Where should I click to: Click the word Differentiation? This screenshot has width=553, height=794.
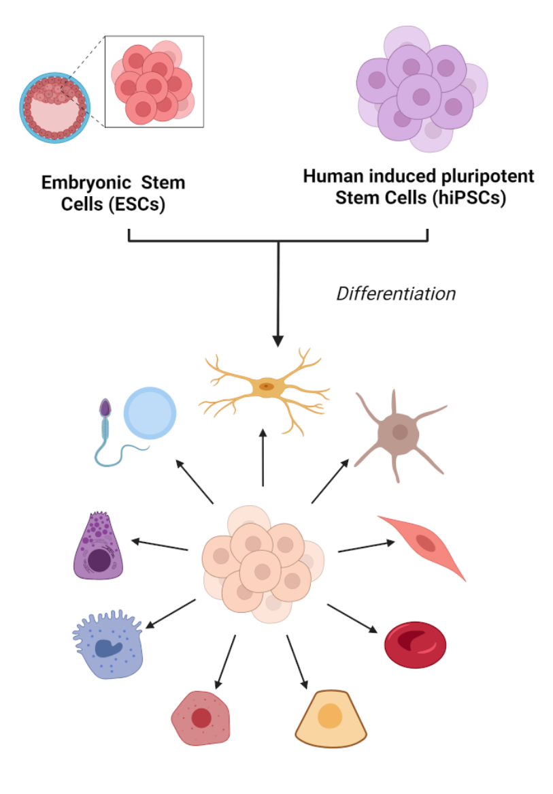tap(396, 293)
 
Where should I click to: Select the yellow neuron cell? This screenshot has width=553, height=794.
tap(265, 387)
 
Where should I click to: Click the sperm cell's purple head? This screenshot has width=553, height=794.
tap(105, 408)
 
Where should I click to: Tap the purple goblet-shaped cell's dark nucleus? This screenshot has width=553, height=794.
tap(99, 560)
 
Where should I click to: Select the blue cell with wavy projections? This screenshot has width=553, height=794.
tap(108, 644)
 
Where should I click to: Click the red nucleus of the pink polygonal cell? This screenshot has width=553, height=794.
tap(201, 718)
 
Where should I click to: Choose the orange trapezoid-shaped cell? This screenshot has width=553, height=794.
tap(331, 719)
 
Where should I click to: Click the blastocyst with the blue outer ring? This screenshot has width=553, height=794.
tap(54, 107)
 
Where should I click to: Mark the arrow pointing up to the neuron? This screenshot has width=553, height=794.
tap(263, 457)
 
